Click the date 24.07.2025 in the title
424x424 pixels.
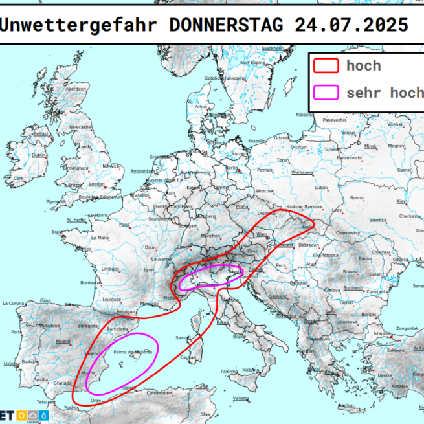[x=350, y=25]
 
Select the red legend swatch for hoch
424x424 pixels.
[x=326, y=65]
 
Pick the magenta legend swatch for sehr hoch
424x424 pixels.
[x=326, y=93]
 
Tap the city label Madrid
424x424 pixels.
[x=63, y=341]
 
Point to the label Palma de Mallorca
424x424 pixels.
[x=132, y=352]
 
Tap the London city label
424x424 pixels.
[x=96, y=183]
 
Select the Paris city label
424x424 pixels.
[x=124, y=225]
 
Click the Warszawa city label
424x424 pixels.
[x=302, y=173]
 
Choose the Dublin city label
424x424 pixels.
[x=39, y=155]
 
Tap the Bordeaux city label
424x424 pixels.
[x=89, y=283]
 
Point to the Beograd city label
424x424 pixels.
[x=298, y=283]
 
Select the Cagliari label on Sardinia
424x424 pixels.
[x=188, y=357]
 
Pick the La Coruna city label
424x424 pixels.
[x=14, y=303]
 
